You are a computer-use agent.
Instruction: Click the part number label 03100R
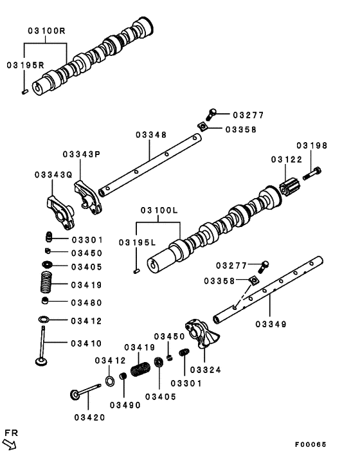[x=46, y=31]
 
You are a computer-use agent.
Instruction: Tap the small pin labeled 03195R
[x=24, y=92]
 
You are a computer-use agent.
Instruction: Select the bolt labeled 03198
[x=312, y=173]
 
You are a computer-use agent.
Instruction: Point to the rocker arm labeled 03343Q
[x=60, y=212]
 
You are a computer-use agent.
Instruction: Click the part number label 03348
[x=151, y=135]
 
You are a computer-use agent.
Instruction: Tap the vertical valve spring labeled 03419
[x=46, y=282]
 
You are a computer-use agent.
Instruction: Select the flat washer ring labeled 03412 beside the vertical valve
[x=44, y=319]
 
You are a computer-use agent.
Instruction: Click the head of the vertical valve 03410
[x=42, y=361]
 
